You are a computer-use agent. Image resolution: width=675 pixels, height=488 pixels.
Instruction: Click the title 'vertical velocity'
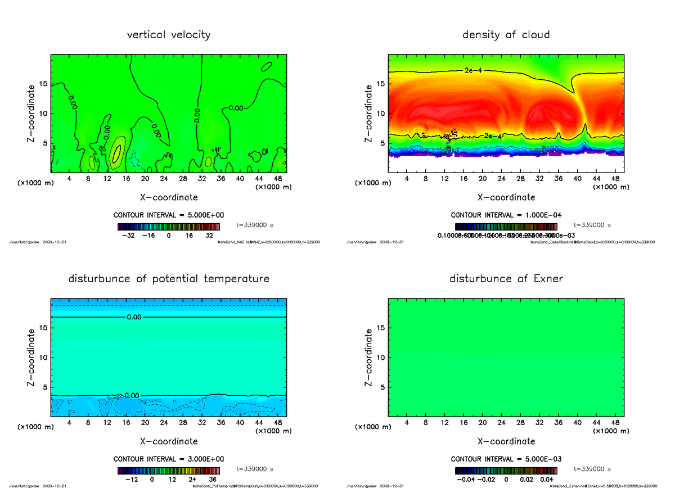point(169,35)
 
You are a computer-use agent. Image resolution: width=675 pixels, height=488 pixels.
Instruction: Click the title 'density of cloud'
point(506,35)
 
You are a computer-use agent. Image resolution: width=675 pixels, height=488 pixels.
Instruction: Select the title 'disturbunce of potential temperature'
point(169,279)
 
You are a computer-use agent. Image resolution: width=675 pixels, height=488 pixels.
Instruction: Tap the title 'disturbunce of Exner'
point(506,279)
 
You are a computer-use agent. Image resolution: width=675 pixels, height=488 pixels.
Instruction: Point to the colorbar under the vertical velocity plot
point(169,227)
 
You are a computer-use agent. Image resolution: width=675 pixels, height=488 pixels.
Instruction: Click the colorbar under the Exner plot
point(506,471)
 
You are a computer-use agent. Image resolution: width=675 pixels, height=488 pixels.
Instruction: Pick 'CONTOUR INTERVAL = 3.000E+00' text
point(169,459)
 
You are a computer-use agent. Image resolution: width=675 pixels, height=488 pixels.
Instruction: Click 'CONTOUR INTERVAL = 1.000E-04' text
point(506,215)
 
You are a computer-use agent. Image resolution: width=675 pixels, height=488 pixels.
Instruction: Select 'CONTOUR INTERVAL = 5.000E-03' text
point(506,459)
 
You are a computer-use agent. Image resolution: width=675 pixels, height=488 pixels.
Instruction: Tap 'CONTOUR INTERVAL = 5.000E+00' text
point(169,215)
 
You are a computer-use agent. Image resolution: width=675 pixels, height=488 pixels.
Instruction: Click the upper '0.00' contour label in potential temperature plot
point(134,317)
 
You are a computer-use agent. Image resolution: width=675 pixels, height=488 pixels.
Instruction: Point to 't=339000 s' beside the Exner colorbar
point(592,469)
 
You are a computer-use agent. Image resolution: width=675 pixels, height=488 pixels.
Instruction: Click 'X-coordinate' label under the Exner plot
point(506,441)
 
